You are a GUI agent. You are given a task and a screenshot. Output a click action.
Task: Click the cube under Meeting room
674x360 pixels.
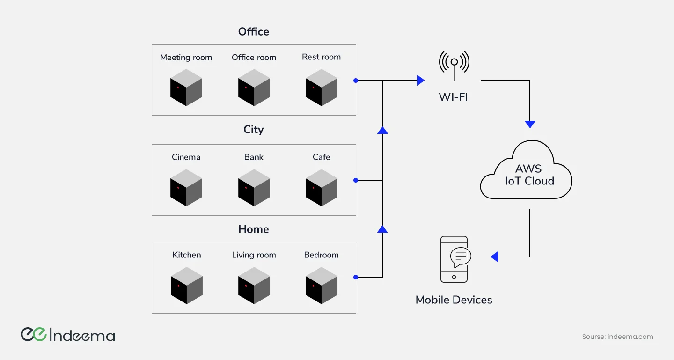pyautogui.click(x=186, y=88)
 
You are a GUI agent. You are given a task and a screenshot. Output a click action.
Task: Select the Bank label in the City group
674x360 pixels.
pyautogui.click(x=254, y=157)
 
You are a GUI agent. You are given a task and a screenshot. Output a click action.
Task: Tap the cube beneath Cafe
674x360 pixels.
pyautogui.click(x=322, y=188)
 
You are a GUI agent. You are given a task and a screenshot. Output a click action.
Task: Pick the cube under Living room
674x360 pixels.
pyautogui.click(x=254, y=286)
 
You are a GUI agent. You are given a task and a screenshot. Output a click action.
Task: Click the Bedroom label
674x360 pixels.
pyautogui.click(x=321, y=255)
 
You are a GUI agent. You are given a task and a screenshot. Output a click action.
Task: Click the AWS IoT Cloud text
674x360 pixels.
pyautogui.click(x=529, y=175)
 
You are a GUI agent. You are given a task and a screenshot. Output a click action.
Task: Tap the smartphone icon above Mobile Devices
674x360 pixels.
pyautogui.click(x=454, y=259)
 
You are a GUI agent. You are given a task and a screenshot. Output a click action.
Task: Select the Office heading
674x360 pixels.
pyautogui.click(x=254, y=32)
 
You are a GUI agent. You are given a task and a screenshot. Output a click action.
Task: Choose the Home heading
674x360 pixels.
pyautogui.click(x=254, y=229)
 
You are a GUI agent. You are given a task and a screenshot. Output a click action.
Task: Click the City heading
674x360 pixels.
pyautogui.click(x=254, y=130)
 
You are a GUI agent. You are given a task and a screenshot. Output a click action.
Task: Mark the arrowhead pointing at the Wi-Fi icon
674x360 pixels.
pyautogui.click(x=420, y=81)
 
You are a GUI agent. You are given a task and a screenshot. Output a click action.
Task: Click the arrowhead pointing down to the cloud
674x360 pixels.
pyautogui.click(x=530, y=124)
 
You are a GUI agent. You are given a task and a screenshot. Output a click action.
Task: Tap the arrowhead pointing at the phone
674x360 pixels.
pyautogui.click(x=494, y=257)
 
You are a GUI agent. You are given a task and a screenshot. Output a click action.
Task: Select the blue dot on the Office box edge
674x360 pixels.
pyautogui.click(x=356, y=81)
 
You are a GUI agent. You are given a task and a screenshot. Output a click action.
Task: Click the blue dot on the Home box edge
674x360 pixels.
pyautogui.click(x=356, y=277)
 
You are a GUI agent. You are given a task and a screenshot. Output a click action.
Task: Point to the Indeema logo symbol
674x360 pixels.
pyautogui.click(x=33, y=334)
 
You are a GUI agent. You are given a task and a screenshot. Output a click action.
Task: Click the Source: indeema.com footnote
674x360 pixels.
pyautogui.click(x=617, y=337)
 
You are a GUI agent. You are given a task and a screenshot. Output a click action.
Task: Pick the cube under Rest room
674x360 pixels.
pyautogui.click(x=322, y=88)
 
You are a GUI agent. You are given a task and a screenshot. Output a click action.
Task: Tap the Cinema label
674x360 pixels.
pyautogui.click(x=186, y=157)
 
